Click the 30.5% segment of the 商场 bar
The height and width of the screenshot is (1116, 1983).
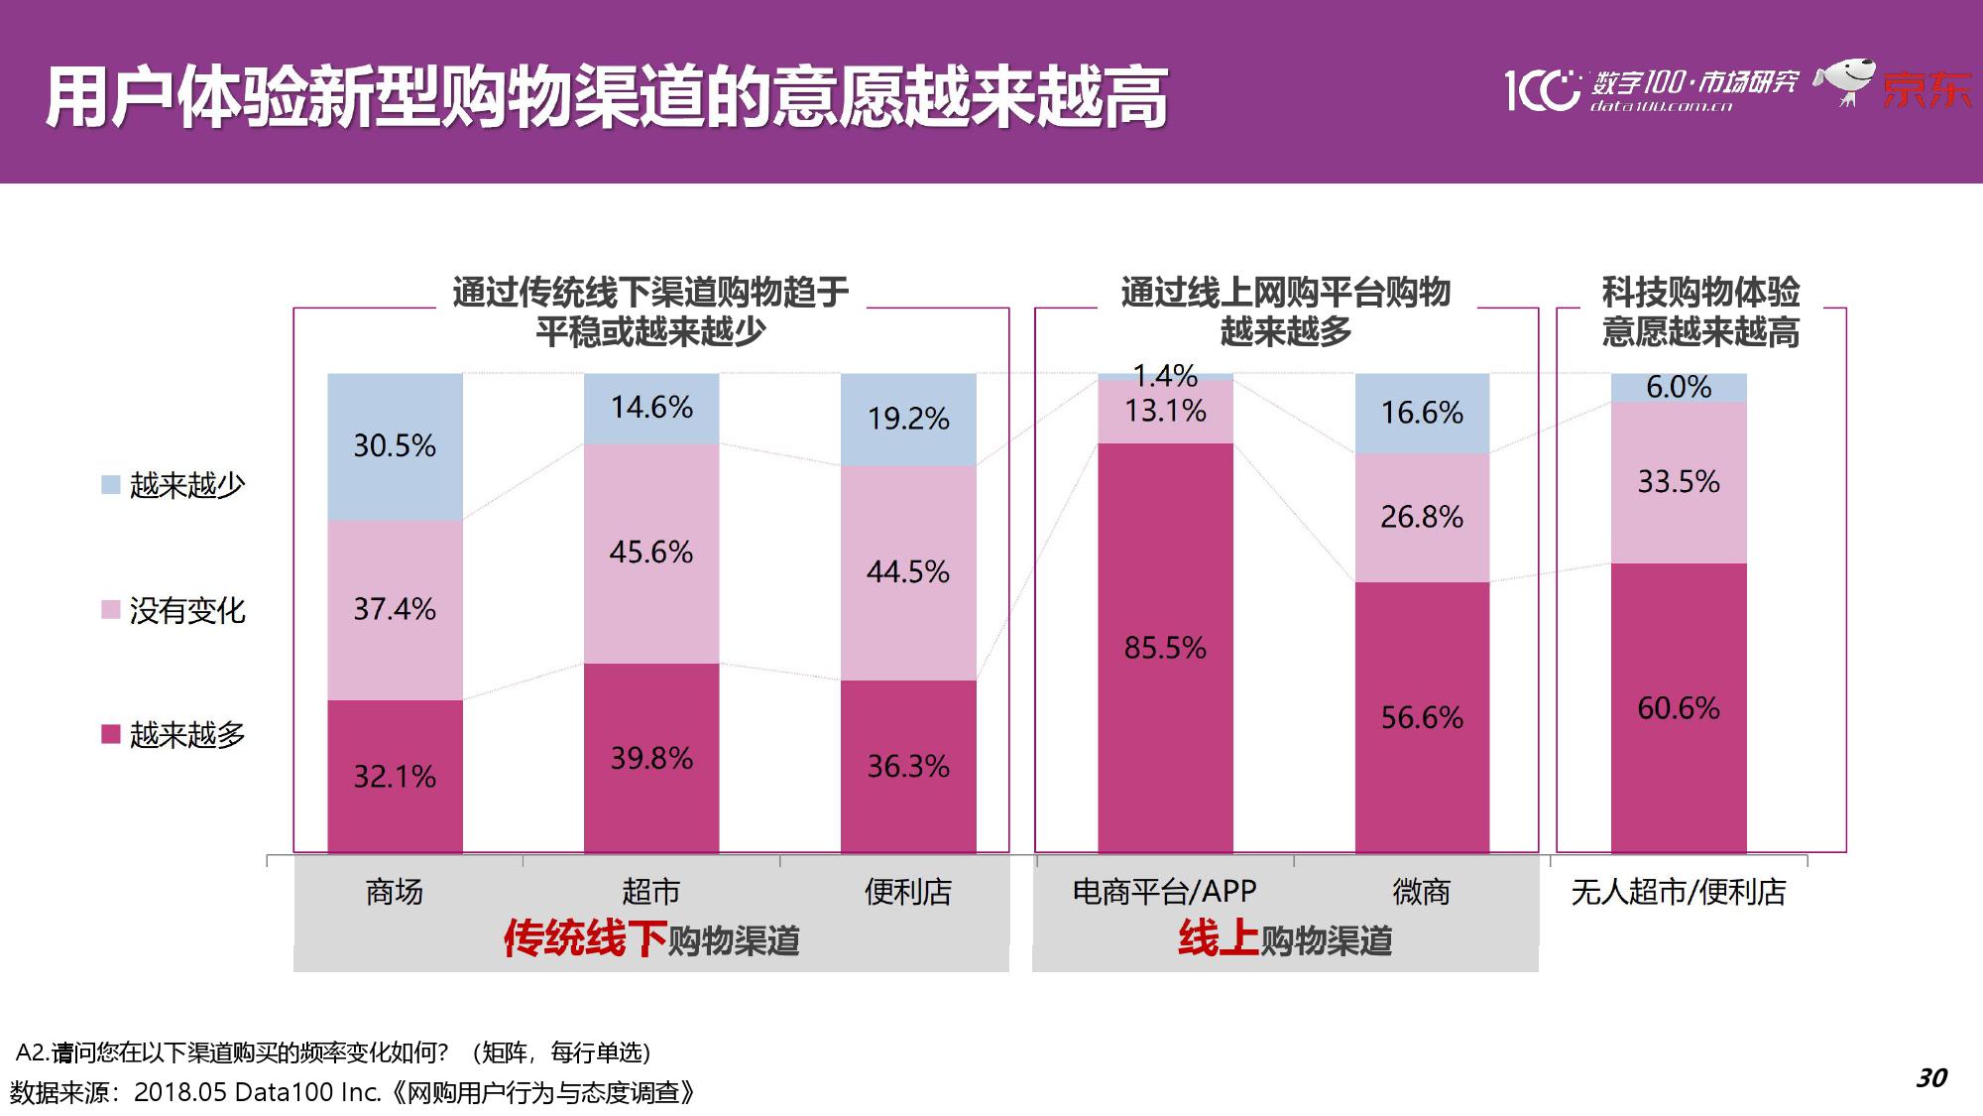(x=395, y=446)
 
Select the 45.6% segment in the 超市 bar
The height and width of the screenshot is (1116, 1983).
(x=651, y=553)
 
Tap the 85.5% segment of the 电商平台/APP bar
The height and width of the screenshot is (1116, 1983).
(x=1165, y=648)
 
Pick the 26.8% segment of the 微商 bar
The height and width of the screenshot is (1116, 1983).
(x=1422, y=517)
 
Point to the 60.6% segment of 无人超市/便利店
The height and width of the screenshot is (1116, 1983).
(x=1679, y=708)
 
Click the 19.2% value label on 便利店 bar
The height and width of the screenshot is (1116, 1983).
(x=908, y=419)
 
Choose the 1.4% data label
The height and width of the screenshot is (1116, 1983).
(x=1165, y=376)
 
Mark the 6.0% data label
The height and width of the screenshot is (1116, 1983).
(x=1679, y=387)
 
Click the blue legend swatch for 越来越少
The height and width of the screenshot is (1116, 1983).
(x=111, y=484)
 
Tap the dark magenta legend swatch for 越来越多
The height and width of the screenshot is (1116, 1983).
(x=111, y=734)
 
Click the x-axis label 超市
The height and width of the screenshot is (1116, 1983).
(x=651, y=892)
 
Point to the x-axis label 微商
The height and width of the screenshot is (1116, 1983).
(x=1422, y=892)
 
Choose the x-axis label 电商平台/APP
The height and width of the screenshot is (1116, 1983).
(x=1165, y=892)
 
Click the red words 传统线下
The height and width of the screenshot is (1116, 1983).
(x=585, y=938)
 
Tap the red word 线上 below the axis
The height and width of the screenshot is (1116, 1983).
(x=1219, y=938)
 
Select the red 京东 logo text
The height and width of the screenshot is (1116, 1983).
(x=1926, y=90)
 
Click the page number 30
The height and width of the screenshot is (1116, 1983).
(x=1931, y=1078)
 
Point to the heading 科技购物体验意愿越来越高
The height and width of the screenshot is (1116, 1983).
(x=1700, y=311)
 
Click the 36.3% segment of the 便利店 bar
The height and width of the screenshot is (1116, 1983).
(x=908, y=766)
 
